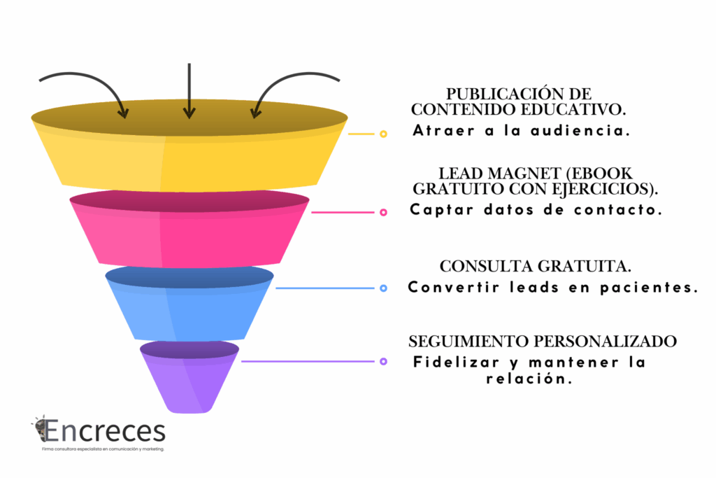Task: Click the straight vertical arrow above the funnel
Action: pyautogui.click(x=189, y=90)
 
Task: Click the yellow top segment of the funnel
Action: pyautogui.click(x=189, y=157)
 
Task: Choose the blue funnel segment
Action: pyautogui.click(x=189, y=308)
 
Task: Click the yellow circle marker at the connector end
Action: pyautogui.click(x=383, y=134)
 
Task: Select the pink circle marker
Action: pyautogui.click(x=383, y=212)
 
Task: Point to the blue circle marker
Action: pyautogui.click(x=383, y=288)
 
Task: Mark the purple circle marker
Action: pyautogui.click(x=383, y=361)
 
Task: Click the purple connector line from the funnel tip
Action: pyautogui.click(x=308, y=361)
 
